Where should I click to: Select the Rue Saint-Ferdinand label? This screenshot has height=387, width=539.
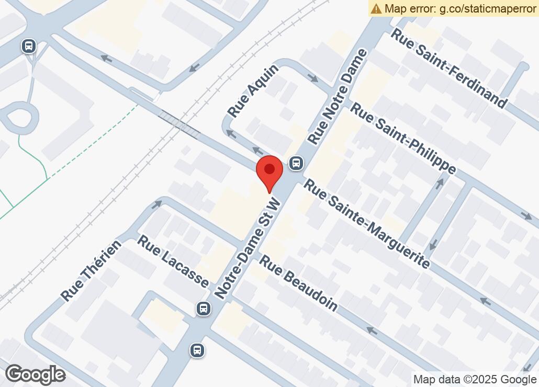click(x=450, y=69)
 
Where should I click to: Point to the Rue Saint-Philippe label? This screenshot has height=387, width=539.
click(x=403, y=138)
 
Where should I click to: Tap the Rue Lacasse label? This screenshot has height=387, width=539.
click(x=173, y=260)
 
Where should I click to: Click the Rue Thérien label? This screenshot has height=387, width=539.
click(x=91, y=270)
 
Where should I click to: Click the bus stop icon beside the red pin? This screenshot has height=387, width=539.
click(x=296, y=163)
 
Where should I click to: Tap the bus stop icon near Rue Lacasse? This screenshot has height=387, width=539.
click(x=204, y=309)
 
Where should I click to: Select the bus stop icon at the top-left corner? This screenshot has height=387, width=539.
click(x=29, y=46)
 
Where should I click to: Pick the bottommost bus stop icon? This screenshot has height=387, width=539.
click(x=197, y=349)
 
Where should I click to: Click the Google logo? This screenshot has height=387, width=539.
click(x=35, y=374)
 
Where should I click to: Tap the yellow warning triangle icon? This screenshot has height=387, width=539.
click(x=376, y=8)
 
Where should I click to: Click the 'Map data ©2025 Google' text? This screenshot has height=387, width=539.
click(x=475, y=380)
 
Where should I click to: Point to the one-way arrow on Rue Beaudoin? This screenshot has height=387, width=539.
click(x=372, y=331)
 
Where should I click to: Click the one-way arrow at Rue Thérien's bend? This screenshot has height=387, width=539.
click(x=156, y=204)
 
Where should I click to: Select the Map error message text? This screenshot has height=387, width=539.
click(x=461, y=8)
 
